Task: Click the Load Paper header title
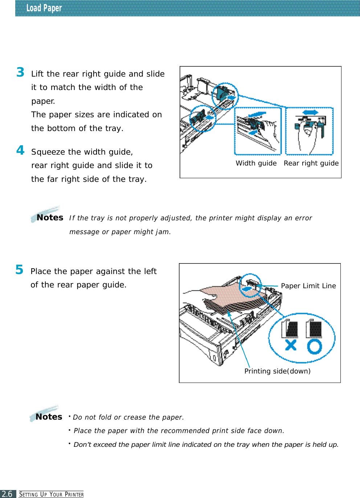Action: coord(44,8)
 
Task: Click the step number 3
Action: coord(20,72)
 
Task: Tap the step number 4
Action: coord(20,150)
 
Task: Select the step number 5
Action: coord(19,270)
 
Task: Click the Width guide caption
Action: coord(256,163)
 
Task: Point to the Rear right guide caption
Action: coord(311,163)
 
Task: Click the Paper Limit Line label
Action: coord(308,286)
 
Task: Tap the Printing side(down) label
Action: coord(277,371)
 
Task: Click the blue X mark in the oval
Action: coord(291,345)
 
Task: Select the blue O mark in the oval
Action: coord(315,346)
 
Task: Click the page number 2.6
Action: coord(7,494)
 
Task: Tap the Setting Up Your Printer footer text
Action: coord(52,494)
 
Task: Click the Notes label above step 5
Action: coord(50,217)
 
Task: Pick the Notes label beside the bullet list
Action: coord(49,417)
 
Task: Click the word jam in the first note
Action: coord(163,232)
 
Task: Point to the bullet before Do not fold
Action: coord(69,416)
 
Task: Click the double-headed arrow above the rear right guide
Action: coord(310,113)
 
